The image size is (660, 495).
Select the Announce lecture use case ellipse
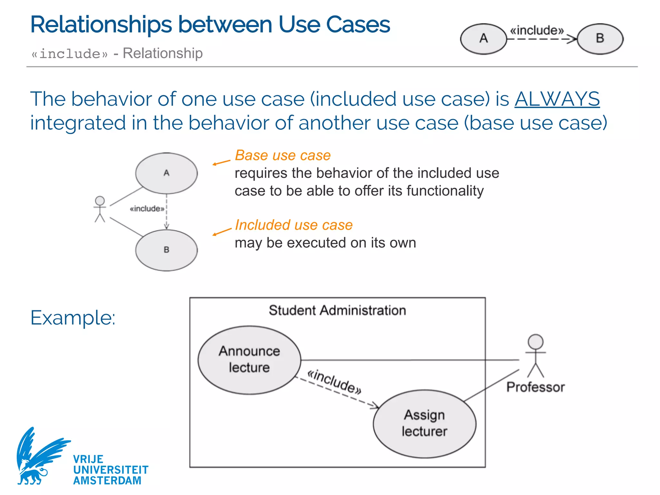[249, 360]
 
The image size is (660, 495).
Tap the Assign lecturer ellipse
[424, 423]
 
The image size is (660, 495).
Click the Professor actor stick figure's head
[535, 342]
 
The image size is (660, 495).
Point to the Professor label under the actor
[535, 387]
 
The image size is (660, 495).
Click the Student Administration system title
[337, 310]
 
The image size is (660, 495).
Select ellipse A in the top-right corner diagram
[483, 39]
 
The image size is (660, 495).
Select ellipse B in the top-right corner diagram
[600, 39]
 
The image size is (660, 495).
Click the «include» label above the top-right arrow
[537, 30]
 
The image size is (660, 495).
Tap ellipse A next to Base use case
[166, 173]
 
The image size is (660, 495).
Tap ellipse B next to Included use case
[166, 250]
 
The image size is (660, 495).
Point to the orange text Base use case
[283, 155]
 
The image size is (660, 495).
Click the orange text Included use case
[294, 225]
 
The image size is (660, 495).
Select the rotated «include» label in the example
[334, 382]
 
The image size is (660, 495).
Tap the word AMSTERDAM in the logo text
[107, 480]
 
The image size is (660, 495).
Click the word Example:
[73, 318]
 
